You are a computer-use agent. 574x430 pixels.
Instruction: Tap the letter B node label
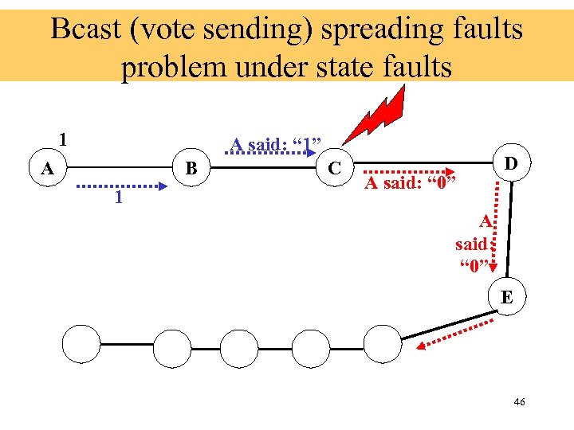tap(191, 168)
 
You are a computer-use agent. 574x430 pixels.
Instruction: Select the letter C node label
tap(336, 168)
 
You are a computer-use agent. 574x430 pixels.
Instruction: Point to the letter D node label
tap(511, 163)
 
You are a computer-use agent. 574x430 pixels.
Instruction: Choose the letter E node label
tap(506, 298)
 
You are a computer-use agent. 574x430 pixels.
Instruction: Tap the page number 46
tap(519, 403)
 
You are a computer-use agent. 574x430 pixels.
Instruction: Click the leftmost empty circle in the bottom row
tap(83, 345)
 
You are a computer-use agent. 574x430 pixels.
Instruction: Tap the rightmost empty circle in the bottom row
tap(382, 345)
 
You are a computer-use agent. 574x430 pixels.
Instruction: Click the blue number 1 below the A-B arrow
tap(117, 197)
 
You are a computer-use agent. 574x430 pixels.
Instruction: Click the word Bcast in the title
tap(85, 29)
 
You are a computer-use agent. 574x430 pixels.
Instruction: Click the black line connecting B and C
tap(263, 168)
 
